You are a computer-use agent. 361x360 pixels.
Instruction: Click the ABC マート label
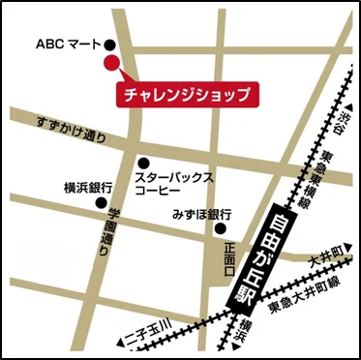coord(68,45)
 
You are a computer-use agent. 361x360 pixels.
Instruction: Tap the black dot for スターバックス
coord(142,163)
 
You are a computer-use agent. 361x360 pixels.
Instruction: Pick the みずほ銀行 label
coord(201,212)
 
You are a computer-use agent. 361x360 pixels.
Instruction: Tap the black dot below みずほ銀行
coord(220,229)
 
